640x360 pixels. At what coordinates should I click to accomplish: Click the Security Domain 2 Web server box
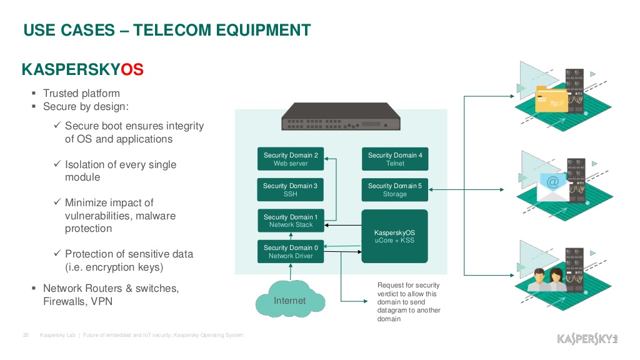pos(291,159)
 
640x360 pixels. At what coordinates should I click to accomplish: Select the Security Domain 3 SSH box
pos(291,190)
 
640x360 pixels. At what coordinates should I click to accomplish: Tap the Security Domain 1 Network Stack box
pos(291,221)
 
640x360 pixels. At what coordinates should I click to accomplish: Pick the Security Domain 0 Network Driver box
pos(291,251)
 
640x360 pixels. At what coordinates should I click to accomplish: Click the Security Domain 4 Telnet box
pos(395,159)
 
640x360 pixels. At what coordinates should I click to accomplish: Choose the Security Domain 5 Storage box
pos(395,190)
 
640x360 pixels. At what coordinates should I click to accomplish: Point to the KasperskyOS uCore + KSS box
pos(395,236)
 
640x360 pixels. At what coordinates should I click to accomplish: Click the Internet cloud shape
pos(290,301)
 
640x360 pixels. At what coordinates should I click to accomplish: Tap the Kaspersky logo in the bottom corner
pos(587,339)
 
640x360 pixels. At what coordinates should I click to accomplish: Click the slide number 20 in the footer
pos(26,336)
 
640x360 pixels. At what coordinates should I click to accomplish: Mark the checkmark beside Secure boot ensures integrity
pos(57,126)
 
